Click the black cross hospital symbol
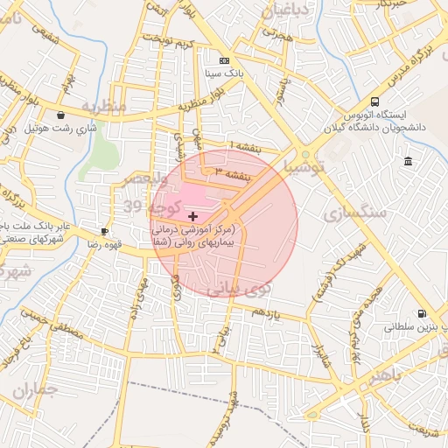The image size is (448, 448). (192, 215)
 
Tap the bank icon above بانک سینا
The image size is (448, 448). (225, 60)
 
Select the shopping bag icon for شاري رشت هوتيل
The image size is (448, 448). (60, 115)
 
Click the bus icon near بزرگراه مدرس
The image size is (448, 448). (375, 101)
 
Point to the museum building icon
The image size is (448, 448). (408, 161)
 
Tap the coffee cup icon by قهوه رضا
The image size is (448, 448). (104, 231)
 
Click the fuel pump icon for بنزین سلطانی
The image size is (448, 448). (422, 313)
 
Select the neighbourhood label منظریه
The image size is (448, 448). (104, 106)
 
